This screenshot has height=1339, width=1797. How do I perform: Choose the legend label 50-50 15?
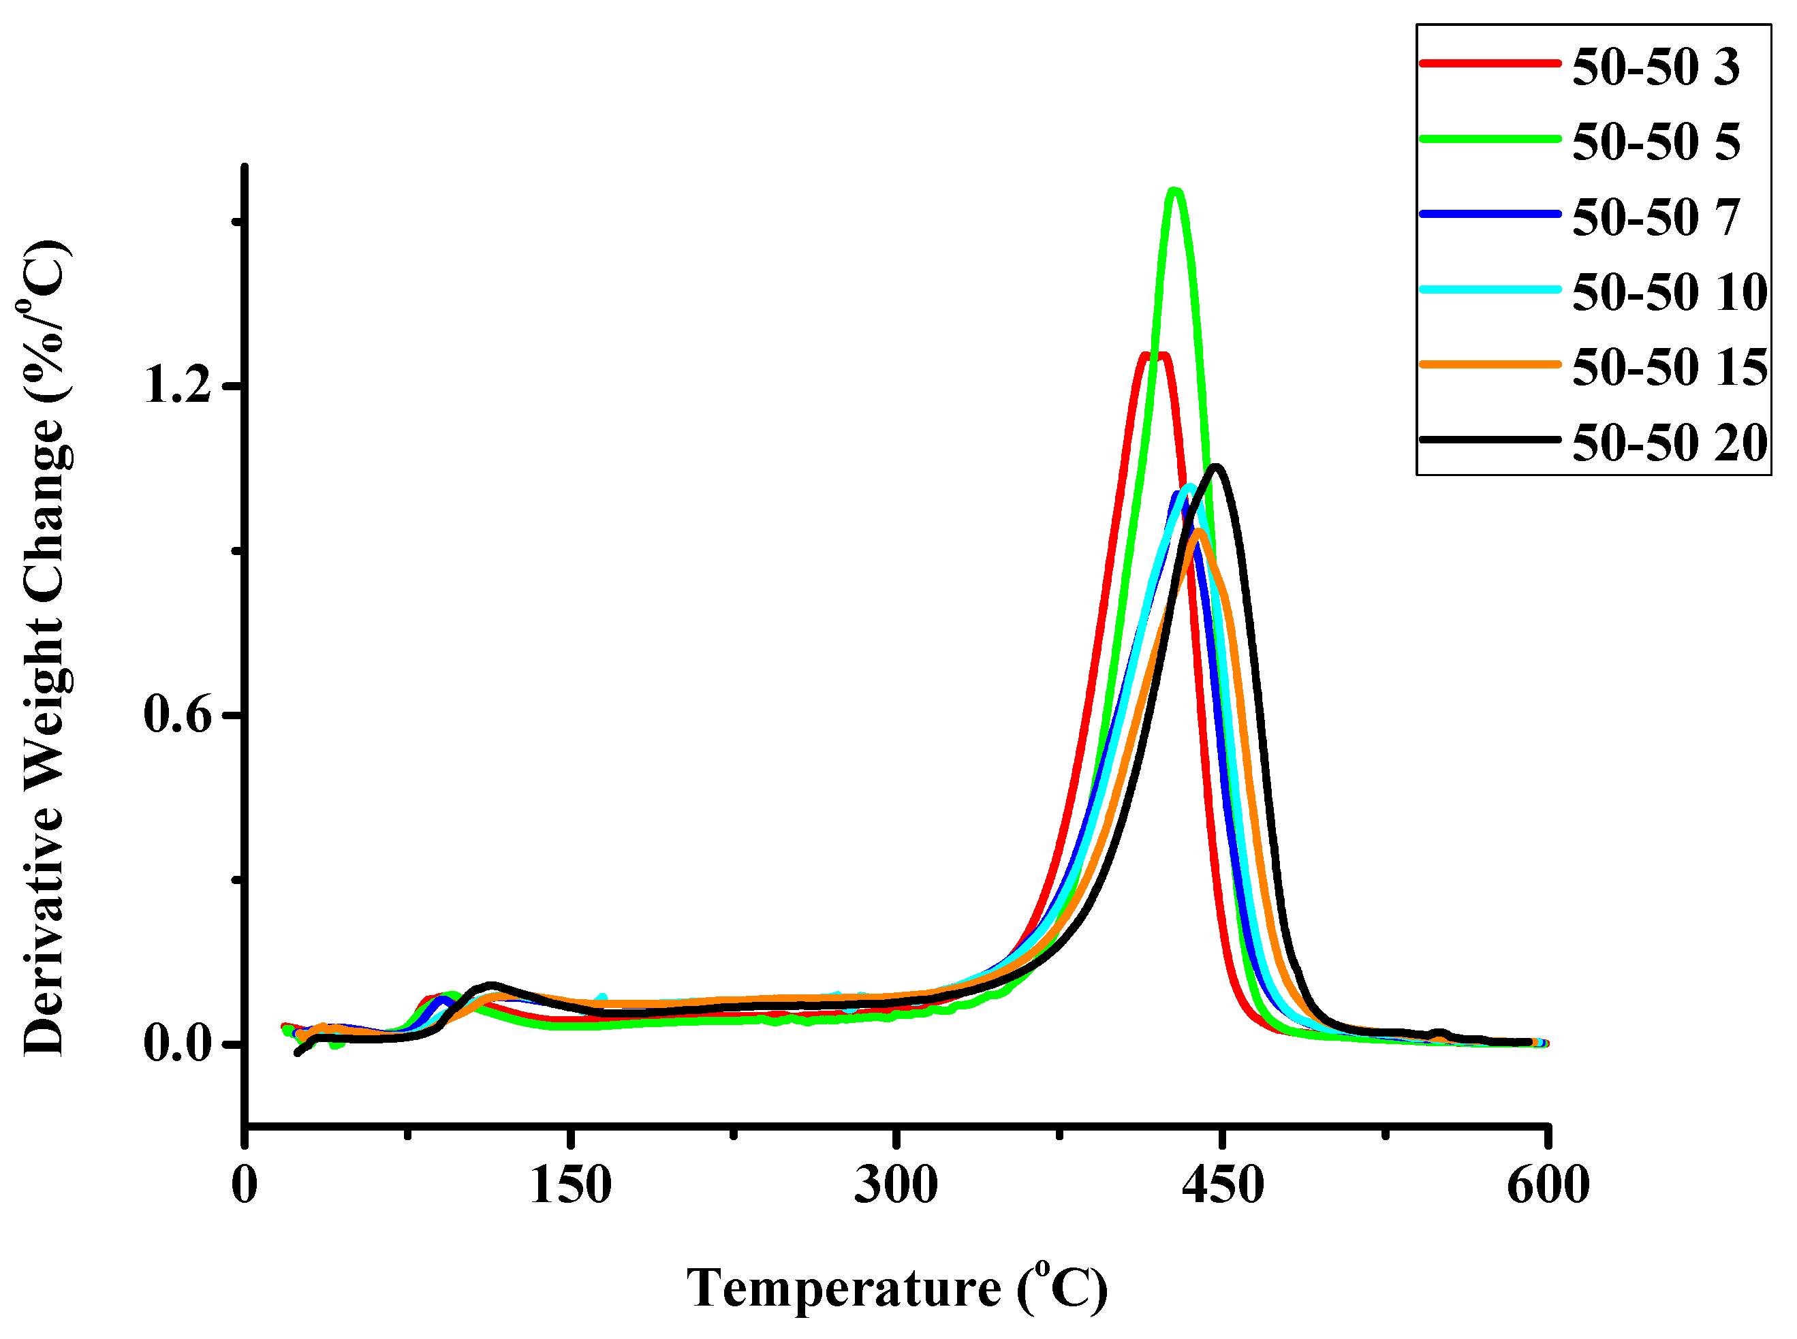coord(1669,367)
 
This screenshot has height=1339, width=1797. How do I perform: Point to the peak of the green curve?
coord(1174,191)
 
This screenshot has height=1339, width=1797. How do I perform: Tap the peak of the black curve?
coord(1216,467)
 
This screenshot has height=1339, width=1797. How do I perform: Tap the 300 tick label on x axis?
coord(896,1185)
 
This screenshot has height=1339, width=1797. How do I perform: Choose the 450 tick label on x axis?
coord(1222,1185)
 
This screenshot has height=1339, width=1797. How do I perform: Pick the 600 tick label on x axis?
coord(1548,1185)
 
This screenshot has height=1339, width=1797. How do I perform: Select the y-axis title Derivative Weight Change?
coord(44,648)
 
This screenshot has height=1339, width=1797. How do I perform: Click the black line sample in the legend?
coord(1490,440)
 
